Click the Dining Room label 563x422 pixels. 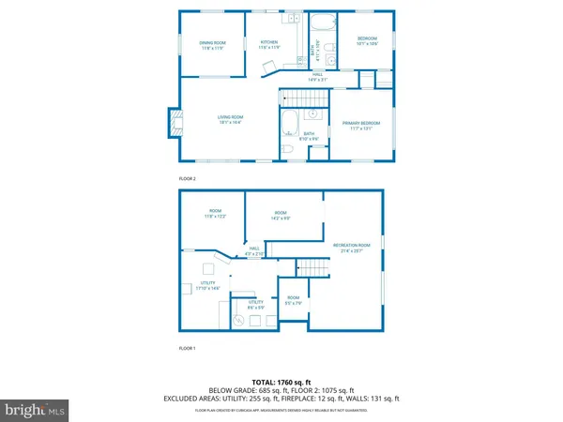point(212,45)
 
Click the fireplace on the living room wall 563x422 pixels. point(173,120)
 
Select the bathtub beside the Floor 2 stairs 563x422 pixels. point(288,121)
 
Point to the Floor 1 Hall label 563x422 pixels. point(254,251)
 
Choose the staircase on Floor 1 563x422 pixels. point(314,269)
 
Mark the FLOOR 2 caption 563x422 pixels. point(188,178)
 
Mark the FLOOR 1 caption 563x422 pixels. point(188,349)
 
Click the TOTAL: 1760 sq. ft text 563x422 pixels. point(281,382)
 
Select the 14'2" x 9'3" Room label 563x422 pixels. point(281,217)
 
